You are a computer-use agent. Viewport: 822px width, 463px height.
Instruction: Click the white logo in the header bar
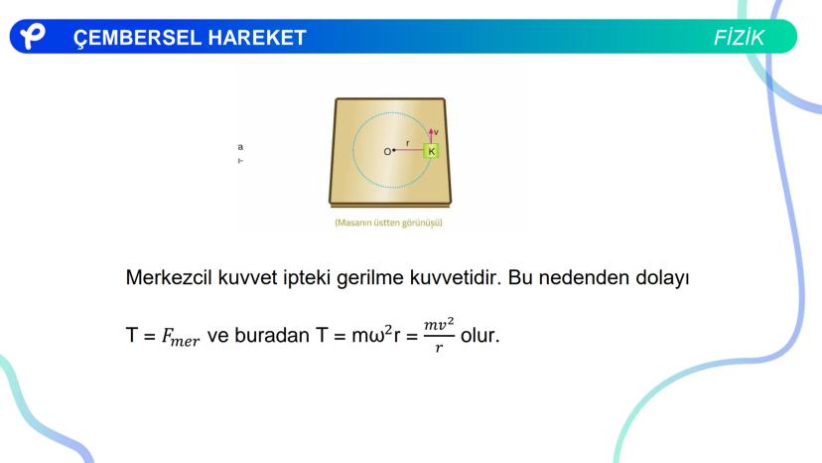coord(32,36)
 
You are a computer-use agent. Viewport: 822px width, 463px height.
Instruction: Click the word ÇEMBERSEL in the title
coord(137,39)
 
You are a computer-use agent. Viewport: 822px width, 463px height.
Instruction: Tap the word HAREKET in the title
coord(257,38)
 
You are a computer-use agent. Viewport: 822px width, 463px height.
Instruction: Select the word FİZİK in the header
coord(739,38)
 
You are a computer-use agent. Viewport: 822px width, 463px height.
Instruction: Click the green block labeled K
coord(431,151)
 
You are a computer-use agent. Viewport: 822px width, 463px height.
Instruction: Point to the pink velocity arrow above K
coord(431,135)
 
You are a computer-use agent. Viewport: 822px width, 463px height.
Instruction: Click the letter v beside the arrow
coord(436,132)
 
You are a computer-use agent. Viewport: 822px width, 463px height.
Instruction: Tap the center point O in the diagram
coord(394,151)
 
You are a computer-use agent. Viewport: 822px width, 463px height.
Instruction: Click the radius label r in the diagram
coord(408,143)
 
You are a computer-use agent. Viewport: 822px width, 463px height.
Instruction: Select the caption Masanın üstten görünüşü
coord(388,223)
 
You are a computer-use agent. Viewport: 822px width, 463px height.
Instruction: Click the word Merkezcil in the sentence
coord(169,277)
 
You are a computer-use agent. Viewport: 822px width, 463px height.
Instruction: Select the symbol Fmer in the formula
coord(181,337)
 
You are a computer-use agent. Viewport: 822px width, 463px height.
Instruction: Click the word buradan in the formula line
coord(272,335)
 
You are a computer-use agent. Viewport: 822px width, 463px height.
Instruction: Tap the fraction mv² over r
coord(439,335)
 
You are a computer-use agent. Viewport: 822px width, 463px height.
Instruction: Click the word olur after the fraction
coord(479,335)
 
